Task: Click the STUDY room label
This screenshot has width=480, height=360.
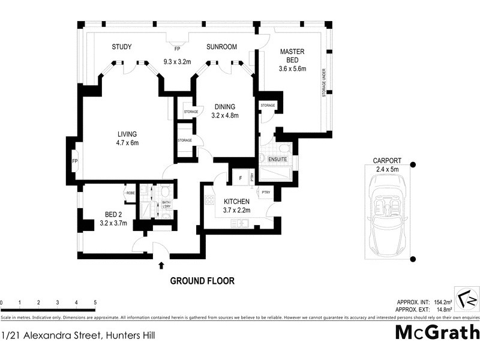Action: tap(122, 47)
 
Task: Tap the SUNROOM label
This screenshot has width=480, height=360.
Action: tap(221, 47)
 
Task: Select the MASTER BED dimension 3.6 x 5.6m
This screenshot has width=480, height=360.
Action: tap(292, 69)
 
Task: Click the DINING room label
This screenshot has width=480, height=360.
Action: tap(225, 107)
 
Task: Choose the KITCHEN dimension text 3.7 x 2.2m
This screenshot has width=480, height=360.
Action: tap(237, 210)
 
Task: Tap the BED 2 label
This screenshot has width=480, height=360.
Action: tap(114, 214)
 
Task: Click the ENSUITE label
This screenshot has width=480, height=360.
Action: tap(277, 159)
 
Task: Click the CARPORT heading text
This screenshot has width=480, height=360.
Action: tap(387, 161)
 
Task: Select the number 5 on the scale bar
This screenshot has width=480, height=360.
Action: tap(95, 302)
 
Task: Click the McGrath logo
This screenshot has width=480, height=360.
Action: tap(437, 332)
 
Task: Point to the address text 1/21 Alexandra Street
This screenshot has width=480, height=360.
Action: tap(78, 335)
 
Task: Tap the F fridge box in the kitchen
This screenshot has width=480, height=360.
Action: tap(240, 178)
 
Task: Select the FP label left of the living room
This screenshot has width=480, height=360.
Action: tap(75, 161)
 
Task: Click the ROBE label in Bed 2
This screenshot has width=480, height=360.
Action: tap(130, 193)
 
